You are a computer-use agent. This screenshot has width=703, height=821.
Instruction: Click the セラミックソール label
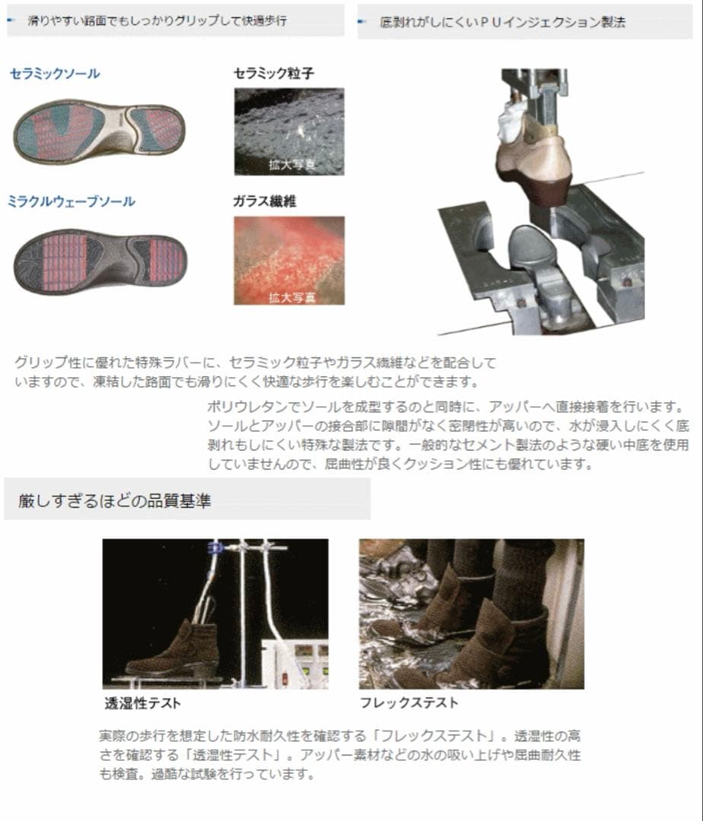click(x=55, y=73)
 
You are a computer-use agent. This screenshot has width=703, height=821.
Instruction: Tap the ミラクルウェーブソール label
click(x=72, y=201)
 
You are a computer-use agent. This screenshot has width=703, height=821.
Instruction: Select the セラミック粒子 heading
click(x=273, y=73)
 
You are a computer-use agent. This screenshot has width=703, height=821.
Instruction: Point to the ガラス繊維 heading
click(x=265, y=201)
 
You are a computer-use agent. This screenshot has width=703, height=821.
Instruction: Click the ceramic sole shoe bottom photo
click(x=99, y=130)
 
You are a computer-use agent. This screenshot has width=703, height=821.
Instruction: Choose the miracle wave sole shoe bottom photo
click(x=100, y=262)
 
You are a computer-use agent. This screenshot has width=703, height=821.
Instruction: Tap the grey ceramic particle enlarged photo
click(x=289, y=132)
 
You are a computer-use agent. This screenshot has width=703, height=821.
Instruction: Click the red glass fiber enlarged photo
click(x=289, y=260)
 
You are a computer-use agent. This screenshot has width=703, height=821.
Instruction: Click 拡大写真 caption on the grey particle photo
click(x=292, y=164)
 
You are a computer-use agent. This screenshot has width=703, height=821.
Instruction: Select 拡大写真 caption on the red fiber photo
click(x=292, y=297)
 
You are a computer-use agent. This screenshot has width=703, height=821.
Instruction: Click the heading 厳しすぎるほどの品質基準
click(x=115, y=500)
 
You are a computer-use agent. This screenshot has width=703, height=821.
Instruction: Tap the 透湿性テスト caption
click(x=142, y=702)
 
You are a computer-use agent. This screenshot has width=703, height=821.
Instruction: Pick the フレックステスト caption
click(x=409, y=702)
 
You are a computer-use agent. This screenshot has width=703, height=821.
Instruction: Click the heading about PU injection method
click(x=502, y=22)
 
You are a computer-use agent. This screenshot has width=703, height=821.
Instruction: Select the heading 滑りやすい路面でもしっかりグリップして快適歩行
click(x=157, y=21)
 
